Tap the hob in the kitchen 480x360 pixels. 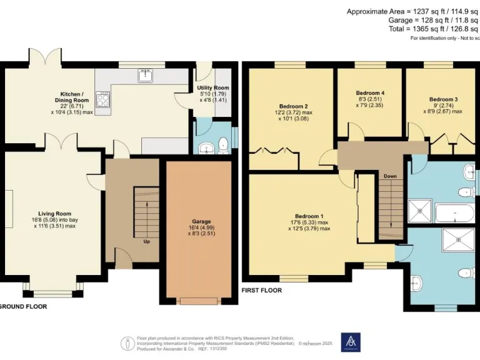[x=103, y=99]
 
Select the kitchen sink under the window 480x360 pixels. [x=145, y=77]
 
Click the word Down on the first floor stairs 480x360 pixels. [x=390, y=176]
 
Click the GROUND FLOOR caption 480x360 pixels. [x=23, y=306]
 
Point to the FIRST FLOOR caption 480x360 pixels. [x=261, y=291]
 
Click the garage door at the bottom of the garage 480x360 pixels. [x=199, y=301]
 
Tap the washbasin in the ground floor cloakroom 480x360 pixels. [x=207, y=147]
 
